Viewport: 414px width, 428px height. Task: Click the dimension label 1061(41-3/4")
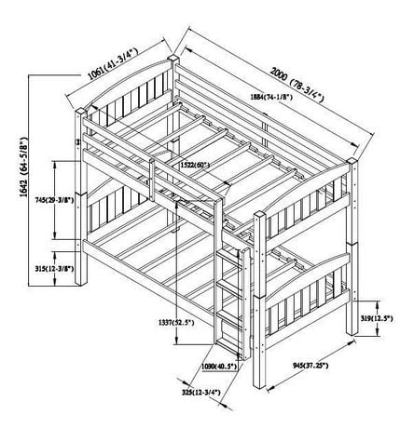pyautogui.click(x=113, y=64)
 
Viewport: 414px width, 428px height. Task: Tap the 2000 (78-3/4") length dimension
pyautogui.click(x=297, y=85)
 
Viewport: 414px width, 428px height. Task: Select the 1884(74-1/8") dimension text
pyautogui.click(x=271, y=97)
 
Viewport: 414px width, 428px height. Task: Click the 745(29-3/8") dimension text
pyautogui.click(x=55, y=200)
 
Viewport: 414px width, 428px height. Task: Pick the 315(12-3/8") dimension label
pyautogui.click(x=55, y=269)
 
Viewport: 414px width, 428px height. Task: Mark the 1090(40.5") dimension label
pyautogui.click(x=219, y=367)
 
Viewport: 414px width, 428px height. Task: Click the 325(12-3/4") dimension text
pyautogui.click(x=201, y=393)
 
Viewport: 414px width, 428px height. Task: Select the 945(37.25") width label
pyautogui.click(x=310, y=366)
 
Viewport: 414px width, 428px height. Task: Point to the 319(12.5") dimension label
pyautogui.click(x=377, y=318)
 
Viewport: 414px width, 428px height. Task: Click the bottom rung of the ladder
pyautogui.click(x=228, y=345)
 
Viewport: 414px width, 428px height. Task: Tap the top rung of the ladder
pyautogui.click(x=229, y=257)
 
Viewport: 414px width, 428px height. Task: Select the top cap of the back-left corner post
pyautogui.click(x=173, y=58)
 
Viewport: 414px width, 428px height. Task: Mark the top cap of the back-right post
pyautogui.click(x=352, y=161)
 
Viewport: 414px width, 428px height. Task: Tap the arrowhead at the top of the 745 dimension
pyautogui.click(x=55, y=164)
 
